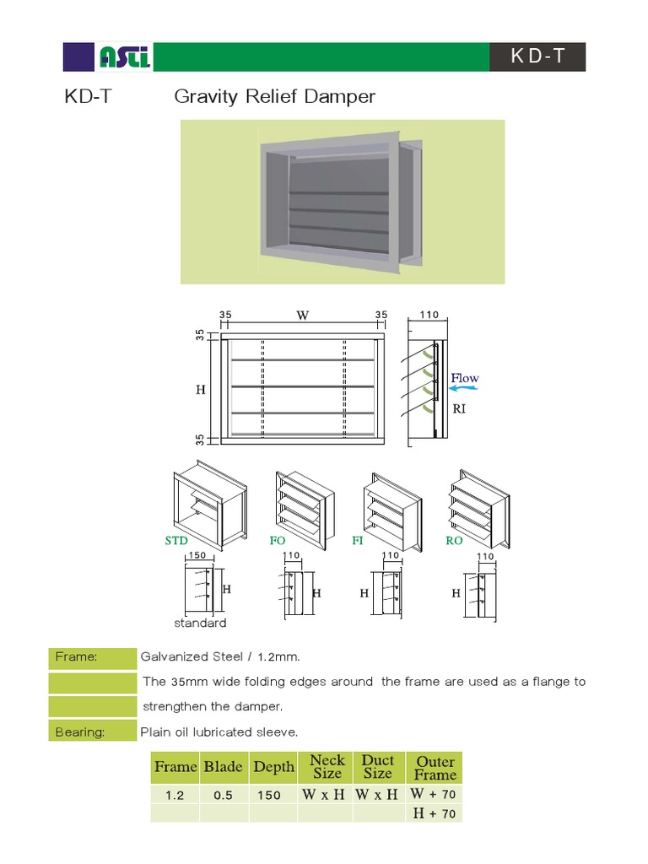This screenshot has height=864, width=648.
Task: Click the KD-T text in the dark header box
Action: (537, 57)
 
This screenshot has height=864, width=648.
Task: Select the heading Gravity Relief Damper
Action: (274, 97)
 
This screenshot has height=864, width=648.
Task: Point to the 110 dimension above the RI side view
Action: (429, 315)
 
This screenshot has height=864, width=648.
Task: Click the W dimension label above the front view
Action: (302, 316)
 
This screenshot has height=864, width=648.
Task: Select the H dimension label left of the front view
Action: (200, 390)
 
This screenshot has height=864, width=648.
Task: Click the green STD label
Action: (176, 541)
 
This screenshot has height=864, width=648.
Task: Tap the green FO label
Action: (277, 541)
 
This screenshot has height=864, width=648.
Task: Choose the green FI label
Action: (357, 541)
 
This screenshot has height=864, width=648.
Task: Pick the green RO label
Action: (454, 541)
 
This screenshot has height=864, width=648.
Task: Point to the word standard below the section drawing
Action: (200, 624)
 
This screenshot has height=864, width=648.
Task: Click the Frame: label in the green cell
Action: (77, 656)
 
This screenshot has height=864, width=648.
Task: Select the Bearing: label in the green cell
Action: (80, 732)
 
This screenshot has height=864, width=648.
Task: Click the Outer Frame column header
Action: (435, 768)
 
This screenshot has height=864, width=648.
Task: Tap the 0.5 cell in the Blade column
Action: (223, 795)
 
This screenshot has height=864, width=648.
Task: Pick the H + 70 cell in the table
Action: (434, 813)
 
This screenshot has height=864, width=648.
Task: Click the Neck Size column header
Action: (327, 767)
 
